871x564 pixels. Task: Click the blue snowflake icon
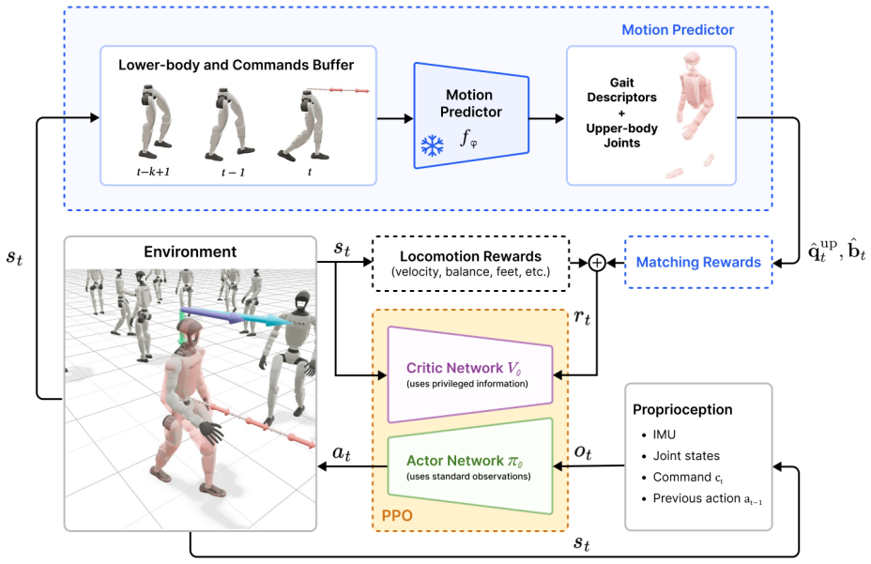tap(432, 145)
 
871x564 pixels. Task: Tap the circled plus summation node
tap(597, 262)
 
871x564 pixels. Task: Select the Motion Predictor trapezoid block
tap(471, 115)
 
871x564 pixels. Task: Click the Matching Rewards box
tap(698, 262)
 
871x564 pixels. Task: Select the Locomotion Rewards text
tap(470, 256)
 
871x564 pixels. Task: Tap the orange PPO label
tap(397, 515)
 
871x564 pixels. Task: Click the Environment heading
tap(190, 252)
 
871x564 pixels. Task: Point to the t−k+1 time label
tap(153, 172)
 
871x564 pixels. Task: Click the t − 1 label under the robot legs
tap(233, 173)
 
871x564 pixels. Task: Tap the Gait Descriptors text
tap(621, 90)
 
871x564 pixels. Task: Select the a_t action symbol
tap(341, 453)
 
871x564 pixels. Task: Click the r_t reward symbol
tap(582, 317)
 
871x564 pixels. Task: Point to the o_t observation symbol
tap(583, 452)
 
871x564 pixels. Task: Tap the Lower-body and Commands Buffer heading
tap(237, 65)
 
